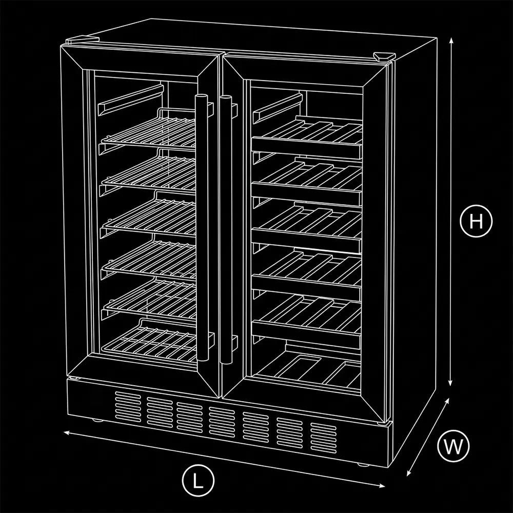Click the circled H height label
476,221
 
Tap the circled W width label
453,446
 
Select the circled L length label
198,480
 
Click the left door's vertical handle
202,228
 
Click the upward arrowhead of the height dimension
451,41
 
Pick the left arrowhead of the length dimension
67,433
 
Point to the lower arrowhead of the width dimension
409,473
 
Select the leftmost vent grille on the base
128,406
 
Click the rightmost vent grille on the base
323,438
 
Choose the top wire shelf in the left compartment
149,131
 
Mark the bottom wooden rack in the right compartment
307,368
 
